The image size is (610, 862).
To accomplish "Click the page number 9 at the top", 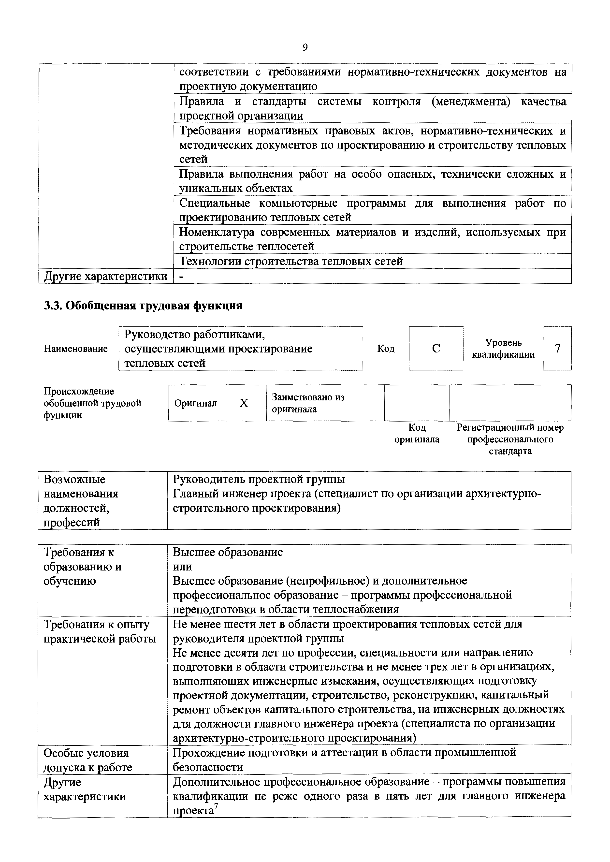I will tap(305, 47).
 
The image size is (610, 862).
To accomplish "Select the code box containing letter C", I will tap(436, 349).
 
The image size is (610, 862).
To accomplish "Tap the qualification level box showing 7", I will tap(557, 349).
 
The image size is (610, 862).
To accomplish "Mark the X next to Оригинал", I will tap(244, 403).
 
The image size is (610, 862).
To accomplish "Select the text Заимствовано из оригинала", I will tap(308, 403).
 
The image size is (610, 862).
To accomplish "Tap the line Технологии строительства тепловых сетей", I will tap(291, 261).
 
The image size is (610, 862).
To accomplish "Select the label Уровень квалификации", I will tap(503, 349).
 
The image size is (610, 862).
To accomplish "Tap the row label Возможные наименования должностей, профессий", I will tap(81, 501).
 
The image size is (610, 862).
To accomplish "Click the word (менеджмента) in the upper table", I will tap(471, 102).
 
